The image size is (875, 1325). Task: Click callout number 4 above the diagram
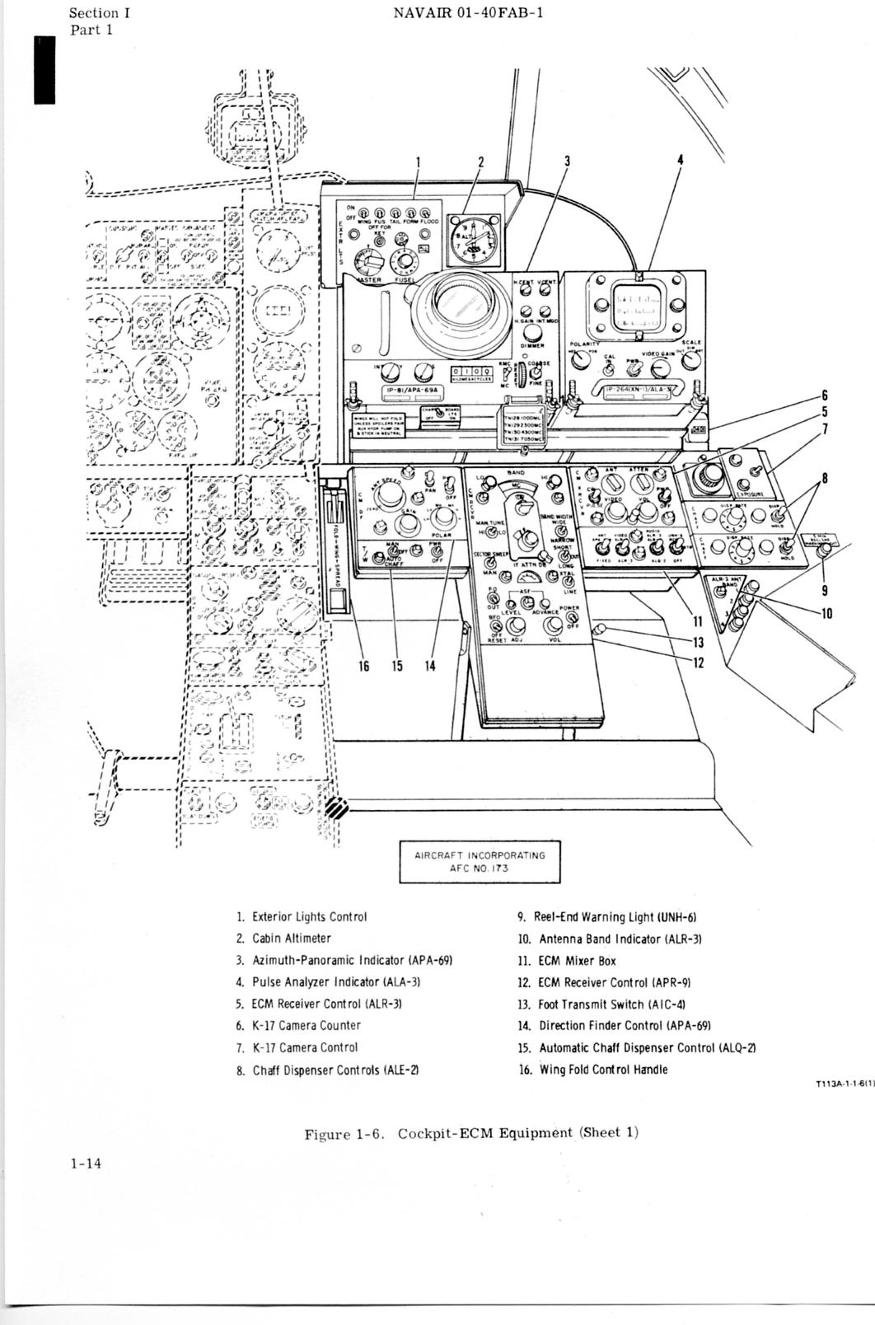(680, 160)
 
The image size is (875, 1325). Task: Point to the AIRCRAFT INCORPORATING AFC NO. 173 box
(479, 861)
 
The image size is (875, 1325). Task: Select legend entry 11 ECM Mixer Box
(577, 961)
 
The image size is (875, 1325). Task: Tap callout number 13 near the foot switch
(697, 643)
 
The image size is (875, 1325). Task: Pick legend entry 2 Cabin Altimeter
(291, 939)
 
